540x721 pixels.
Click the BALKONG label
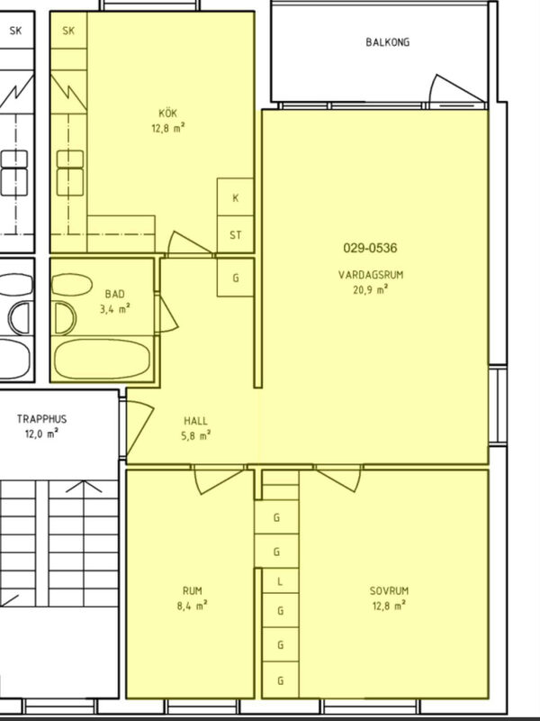point(388,42)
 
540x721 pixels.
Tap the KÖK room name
point(167,113)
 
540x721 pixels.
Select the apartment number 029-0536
point(370,249)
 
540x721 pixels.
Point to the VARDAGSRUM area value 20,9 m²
point(370,289)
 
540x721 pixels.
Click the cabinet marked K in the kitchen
point(235,196)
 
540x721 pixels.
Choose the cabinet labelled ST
point(235,234)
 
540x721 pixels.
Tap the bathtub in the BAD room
point(102,359)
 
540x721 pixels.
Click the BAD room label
point(115,294)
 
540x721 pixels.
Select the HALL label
point(195,420)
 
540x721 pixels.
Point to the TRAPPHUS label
point(41,419)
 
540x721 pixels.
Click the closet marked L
point(280,580)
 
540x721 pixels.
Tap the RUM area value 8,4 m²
point(193,606)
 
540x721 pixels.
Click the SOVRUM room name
point(389,591)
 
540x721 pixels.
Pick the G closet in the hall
point(235,278)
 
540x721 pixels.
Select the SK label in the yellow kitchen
point(68,31)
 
